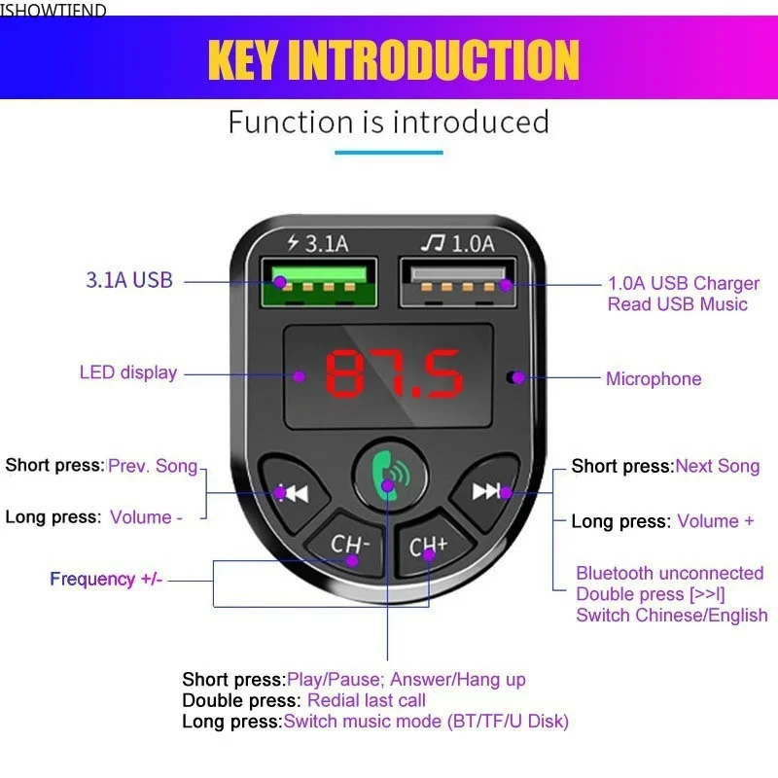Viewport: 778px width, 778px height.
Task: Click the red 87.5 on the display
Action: pyautogui.click(x=393, y=374)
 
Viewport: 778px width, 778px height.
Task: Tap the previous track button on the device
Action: pyautogui.click(x=289, y=491)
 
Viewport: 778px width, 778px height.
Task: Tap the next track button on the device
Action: pyautogui.click(x=488, y=491)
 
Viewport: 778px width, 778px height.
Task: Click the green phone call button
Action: pyautogui.click(x=388, y=474)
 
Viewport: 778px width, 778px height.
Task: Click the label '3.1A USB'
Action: pyautogui.click(x=129, y=281)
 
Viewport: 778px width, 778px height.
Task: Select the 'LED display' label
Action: pyautogui.click(x=128, y=372)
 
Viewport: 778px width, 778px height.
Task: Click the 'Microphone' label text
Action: pyautogui.click(x=653, y=378)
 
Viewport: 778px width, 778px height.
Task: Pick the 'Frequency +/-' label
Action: pyautogui.click(x=106, y=580)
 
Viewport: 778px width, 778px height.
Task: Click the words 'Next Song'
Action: pyautogui.click(x=717, y=466)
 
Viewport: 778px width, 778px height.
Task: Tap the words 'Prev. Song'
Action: pyautogui.click(x=153, y=466)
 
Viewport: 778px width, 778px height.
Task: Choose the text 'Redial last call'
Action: pyautogui.click(x=366, y=700)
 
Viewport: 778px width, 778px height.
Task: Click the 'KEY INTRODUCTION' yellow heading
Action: pyautogui.click(x=393, y=60)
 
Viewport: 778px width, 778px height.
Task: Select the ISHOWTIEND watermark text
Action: pyautogui.click(x=53, y=11)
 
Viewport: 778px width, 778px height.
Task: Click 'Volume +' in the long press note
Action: pyautogui.click(x=715, y=521)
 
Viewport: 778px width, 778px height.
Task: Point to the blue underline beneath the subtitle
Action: pyautogui.click(x=388, y=152)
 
